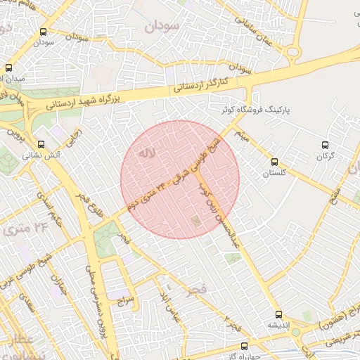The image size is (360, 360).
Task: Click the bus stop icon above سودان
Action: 44,32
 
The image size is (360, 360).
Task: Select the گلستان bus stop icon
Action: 274,161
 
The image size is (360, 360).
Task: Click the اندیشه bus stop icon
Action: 278,314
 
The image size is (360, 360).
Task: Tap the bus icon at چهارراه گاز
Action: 244,346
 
